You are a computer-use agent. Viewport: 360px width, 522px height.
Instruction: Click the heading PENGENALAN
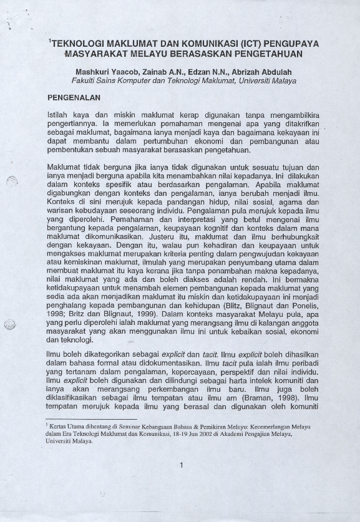coord(74,99)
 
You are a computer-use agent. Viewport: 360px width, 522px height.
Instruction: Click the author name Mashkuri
coord(92,72)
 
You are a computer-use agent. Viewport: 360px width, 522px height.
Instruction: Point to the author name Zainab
coord(148,72)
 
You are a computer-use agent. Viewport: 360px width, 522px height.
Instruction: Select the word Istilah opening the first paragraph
coord(61,116)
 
